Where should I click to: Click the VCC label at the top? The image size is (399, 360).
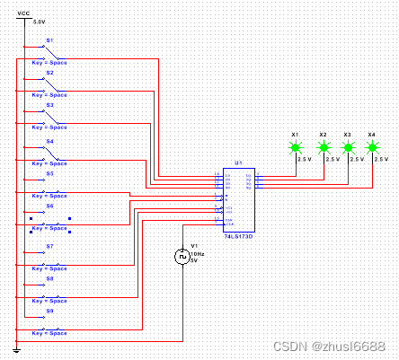[x=23, y=13]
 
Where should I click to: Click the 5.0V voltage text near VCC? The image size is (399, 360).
[x=39, y=22]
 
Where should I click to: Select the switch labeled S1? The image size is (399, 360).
[x=50, y=40]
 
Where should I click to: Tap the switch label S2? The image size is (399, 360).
[x=50, y=73]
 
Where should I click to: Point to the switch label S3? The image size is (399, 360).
[x=50, y=105]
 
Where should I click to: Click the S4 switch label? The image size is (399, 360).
[x=50, y=141]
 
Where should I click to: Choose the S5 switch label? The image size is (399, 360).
[x=50, y=173]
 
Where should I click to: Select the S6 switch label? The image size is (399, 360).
[x=50, y=206]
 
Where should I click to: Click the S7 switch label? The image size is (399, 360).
[x=50, y=245]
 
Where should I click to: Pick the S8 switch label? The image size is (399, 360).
[x=50, y=277]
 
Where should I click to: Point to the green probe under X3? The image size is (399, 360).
[x=348, y=146]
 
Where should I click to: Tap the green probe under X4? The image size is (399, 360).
[x=372, y=146]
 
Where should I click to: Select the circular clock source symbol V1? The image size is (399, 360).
[x=180, y=256]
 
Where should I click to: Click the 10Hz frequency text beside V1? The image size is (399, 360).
[x=194, y=253]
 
